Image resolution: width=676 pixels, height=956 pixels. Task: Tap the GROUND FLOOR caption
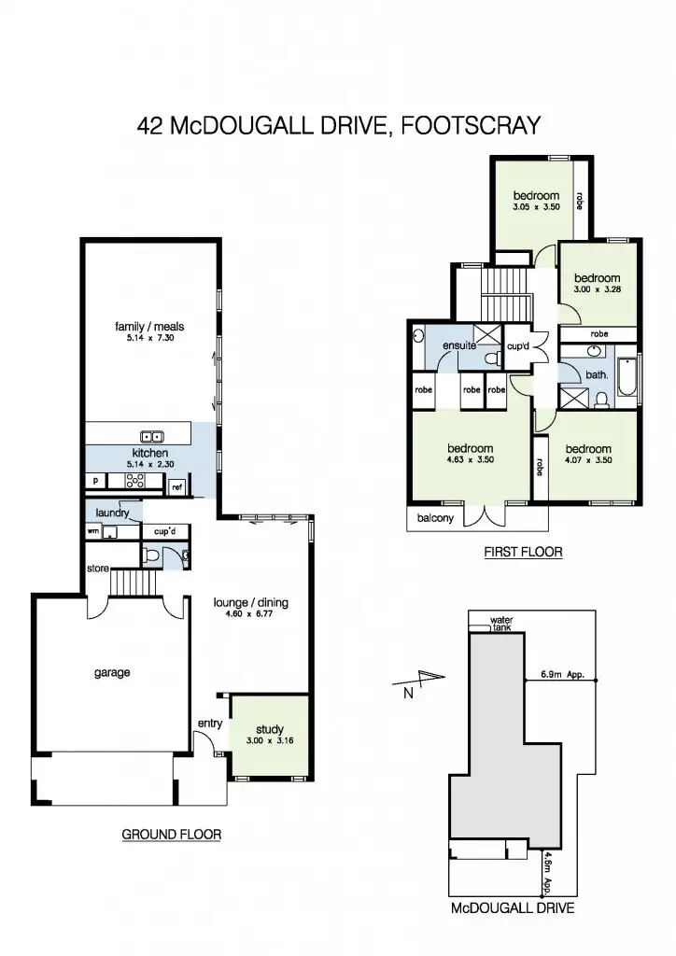click(172, 834)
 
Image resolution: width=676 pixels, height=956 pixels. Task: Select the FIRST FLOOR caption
click(523, 552)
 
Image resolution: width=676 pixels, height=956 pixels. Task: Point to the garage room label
click(112, 672)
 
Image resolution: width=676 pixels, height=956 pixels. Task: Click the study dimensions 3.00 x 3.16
click(269, 740)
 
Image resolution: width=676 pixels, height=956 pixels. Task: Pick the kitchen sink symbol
click(152, 436)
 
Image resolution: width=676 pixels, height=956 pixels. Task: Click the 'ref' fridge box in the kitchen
click(176, 485)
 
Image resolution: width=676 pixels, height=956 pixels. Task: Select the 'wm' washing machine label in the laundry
click(92, 531)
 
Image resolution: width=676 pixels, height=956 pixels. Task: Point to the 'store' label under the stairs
click(97, 567)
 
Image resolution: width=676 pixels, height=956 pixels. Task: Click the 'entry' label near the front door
click(208, 724)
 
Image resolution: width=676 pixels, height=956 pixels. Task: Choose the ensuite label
click(459, 345)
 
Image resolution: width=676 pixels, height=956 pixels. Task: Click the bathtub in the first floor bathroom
click(627, 383)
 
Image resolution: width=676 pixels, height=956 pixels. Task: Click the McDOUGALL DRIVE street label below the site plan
click(512, 907)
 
